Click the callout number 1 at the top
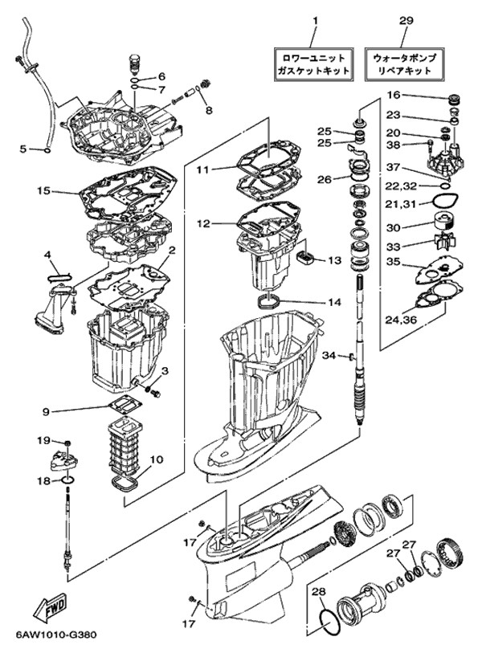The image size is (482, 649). click(x=315, y=19)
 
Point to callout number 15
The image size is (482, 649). click(x=43, y=192)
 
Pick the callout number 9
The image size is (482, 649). click(x=47, y=412)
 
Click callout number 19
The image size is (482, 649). click(x=43, y=440)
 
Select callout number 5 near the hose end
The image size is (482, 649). click(x=23, y=149)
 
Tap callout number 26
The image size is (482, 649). click(x=324, y=179)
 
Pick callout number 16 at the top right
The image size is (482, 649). click(x=393, y=95)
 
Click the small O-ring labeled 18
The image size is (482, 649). click(x=69, y=480)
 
